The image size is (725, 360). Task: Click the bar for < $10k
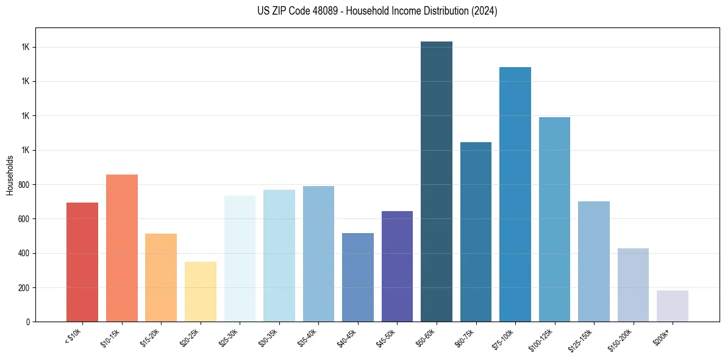tap(82, 262)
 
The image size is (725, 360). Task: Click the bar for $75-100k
tap(515, 195)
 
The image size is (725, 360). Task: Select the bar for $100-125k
tap(554, 220)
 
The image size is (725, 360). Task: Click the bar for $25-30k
tap(240, 259)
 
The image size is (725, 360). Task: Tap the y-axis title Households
tap(10, 175)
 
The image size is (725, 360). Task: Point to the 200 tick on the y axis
tap(24, 287)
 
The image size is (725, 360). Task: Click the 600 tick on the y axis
tap(24, 219)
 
